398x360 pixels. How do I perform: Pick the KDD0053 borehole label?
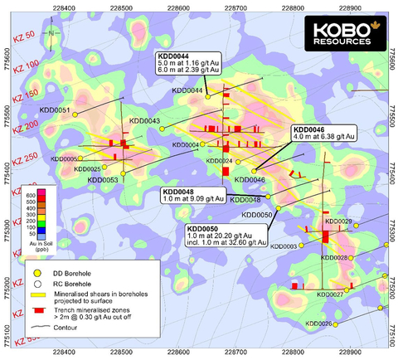coord(102,179)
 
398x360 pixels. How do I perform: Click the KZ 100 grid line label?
coord(26,64)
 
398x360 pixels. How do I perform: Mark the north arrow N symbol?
coord(51,32)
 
